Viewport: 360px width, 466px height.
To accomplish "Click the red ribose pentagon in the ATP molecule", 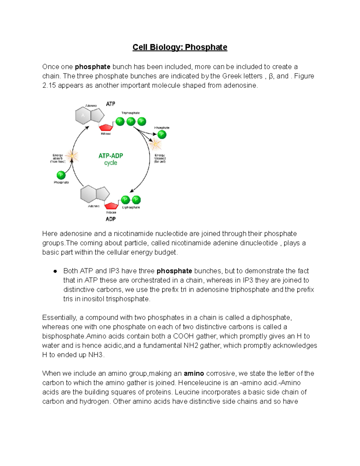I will [106, 127].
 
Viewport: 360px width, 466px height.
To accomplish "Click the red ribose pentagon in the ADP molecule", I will [111, 206].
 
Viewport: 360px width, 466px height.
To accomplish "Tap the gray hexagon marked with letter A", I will [83, 115].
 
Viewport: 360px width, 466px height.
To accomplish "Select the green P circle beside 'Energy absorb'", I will [61, 175].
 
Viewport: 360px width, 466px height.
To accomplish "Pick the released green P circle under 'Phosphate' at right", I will [162, 134].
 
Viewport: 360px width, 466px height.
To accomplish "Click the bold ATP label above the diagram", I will [110, 104].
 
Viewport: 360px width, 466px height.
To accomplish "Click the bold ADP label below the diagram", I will [110, 219].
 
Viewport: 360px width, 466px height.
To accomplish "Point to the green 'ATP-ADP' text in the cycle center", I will [111, 156].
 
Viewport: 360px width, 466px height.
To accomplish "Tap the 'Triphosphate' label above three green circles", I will [130, 113].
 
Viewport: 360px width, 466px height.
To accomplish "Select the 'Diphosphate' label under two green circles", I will [131, 207].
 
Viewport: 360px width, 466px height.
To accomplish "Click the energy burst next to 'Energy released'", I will [155, 145].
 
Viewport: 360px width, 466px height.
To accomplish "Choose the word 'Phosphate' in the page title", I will [206, 47].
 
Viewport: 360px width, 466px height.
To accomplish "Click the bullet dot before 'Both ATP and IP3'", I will [55, 271].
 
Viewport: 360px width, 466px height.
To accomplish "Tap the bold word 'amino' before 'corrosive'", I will [194, 374].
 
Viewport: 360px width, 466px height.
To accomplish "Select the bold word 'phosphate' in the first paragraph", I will [92, 67].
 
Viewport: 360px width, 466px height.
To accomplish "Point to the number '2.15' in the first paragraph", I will [49, 86].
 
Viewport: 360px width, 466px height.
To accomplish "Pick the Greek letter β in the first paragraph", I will [271, 76].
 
